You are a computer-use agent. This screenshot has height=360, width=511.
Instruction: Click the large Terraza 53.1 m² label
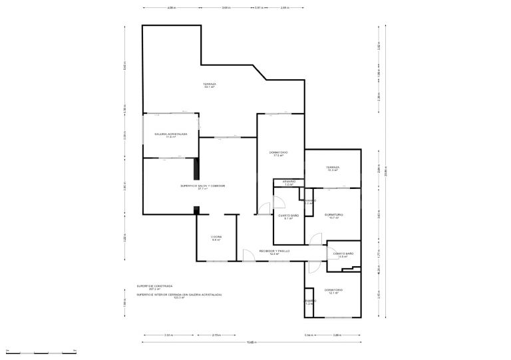210,85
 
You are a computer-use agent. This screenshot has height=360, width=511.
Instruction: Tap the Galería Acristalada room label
171,135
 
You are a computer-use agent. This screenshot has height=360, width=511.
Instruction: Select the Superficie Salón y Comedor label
202,187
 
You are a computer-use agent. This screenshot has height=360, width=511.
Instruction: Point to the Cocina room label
216,238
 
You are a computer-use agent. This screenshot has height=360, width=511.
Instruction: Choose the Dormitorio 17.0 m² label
279,154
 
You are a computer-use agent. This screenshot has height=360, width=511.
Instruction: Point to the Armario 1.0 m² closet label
289,182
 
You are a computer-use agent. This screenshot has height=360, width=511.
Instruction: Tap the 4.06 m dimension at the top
171,8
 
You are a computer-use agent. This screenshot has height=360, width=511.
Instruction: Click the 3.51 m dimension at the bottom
168,335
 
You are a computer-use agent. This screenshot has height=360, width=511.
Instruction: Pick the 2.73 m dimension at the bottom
216,335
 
